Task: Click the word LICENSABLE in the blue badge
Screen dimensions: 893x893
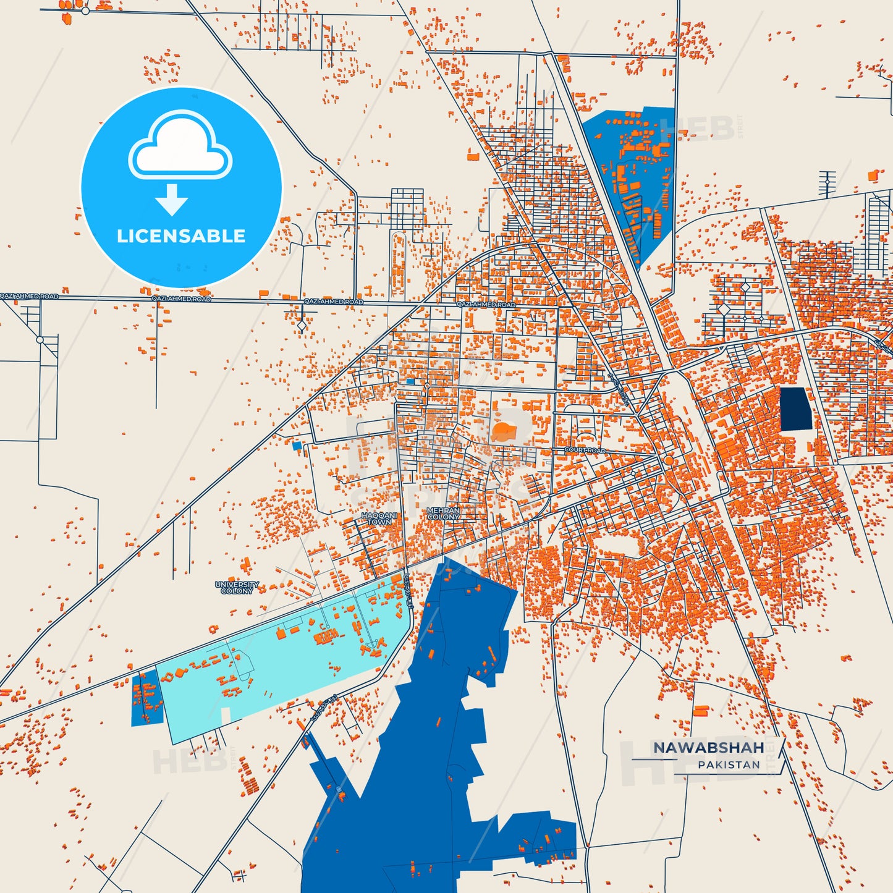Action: point(181,236)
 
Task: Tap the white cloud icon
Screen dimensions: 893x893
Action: point(180,148)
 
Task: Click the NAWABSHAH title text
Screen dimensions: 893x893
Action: point(708,748)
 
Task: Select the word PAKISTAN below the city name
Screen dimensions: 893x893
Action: point(729,765)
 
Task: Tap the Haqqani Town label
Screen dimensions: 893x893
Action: point(379,518)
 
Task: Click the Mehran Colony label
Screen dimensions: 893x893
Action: point(443,514)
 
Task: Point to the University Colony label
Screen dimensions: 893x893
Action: point(237,587)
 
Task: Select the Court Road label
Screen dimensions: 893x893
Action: point(585,451)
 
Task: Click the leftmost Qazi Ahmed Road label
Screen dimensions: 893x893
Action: point(29,297)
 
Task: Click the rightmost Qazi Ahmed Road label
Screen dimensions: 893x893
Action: point(486,305)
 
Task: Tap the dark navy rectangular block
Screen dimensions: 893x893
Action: point(796,408)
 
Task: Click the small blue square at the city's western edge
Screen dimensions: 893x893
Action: point(297,445)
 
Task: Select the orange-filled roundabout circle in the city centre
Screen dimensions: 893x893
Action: point(669,460)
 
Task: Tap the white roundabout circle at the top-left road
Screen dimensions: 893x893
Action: point(85,11)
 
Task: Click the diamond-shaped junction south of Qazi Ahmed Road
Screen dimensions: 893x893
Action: point(302,325)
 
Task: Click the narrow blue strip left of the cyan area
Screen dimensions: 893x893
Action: point(146,698)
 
